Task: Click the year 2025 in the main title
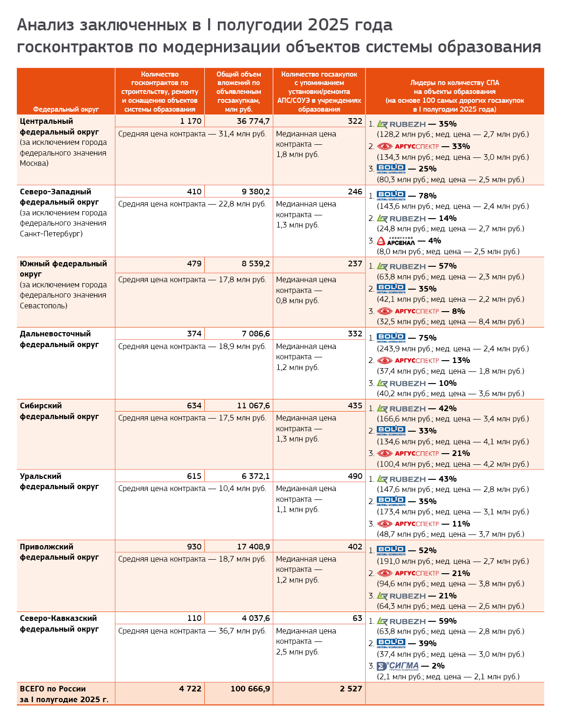click(322, 25)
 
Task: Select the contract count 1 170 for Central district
click(191, 121)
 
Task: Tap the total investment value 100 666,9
click(250, 689)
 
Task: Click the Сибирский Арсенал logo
click(396, 241)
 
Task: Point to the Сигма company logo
click(398, 666)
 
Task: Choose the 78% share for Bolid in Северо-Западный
click(428, 196)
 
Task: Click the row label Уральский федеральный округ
click(59, 481)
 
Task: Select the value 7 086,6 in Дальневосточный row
click(256, 334)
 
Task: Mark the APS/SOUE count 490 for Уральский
click(355, 476)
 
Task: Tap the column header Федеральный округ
click(66, 109)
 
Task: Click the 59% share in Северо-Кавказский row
click(447, 621)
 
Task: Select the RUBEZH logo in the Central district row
click(401, 124)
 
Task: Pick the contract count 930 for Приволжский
click(194, 547)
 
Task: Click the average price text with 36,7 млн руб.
click(192, 631)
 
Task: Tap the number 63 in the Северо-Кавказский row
click(357, 618)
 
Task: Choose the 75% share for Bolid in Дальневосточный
click(428, 338)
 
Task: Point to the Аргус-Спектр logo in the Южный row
click(408, 311)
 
